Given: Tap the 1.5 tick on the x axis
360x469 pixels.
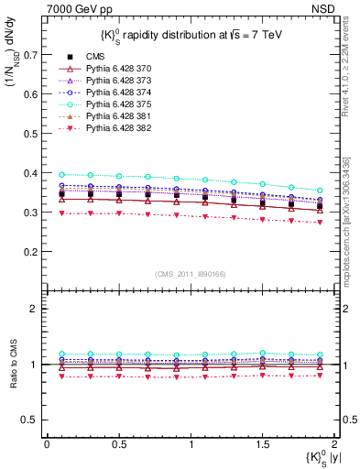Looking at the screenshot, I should [263, 442].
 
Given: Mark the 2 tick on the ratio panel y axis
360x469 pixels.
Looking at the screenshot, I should [35, 309].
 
